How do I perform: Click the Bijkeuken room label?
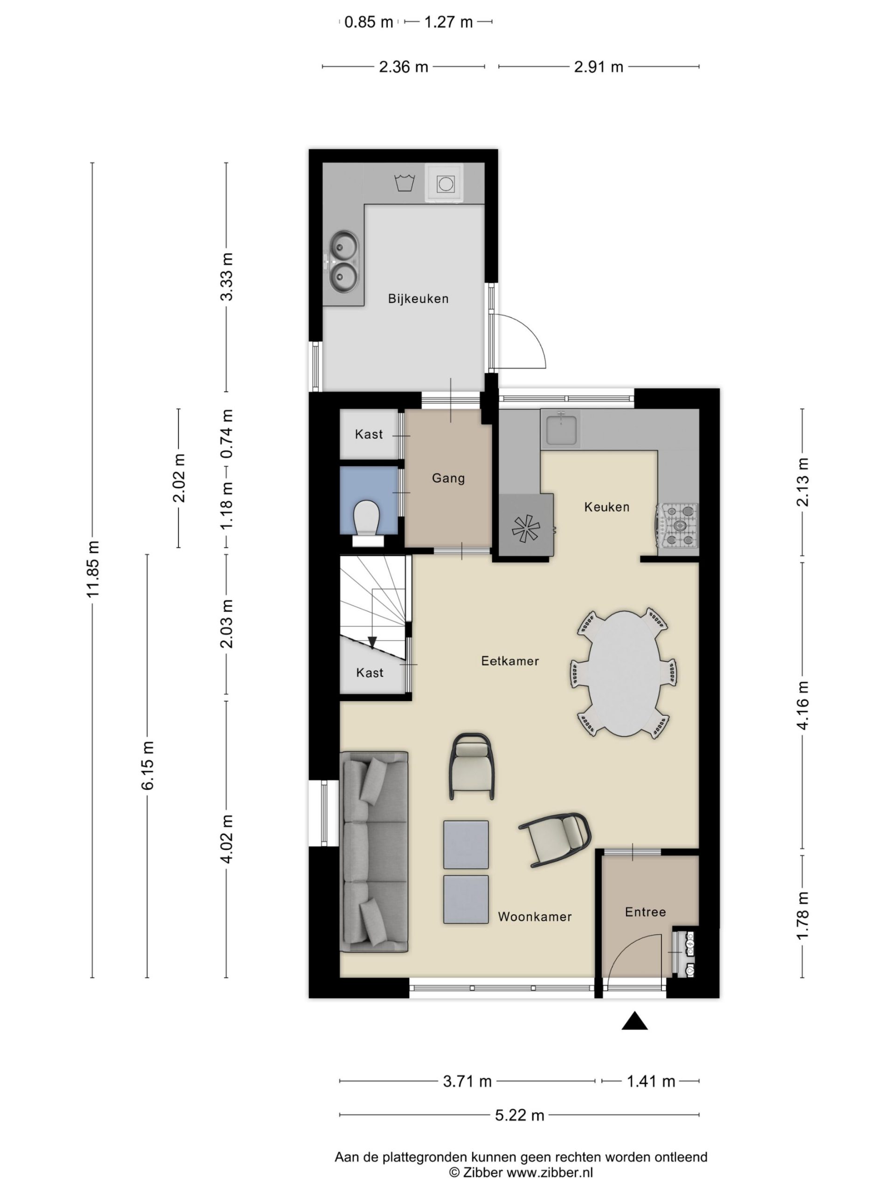point(418,298)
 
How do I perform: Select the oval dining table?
point(624,673)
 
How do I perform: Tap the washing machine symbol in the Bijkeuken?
point(445,183)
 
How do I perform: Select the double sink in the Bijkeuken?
point(344,261)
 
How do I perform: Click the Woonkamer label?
point(534,917)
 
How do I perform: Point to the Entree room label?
point(645,912)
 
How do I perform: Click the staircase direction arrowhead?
point(372,642)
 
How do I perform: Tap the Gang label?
point(448,478)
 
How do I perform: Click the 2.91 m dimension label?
point(598,67)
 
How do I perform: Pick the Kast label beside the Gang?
point(369,434)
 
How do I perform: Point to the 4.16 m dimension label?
point(803,705)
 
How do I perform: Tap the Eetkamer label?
point(510,661)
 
